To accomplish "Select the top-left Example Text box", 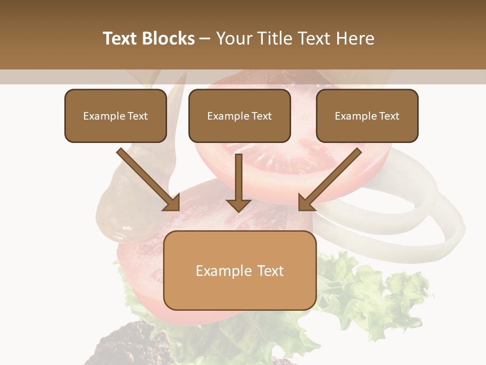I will [115, 116].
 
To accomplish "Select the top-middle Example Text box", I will [239, 116].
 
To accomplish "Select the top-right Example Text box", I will [367, 116].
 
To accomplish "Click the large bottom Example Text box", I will [239, 270].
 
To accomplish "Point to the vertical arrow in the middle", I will [239, 177].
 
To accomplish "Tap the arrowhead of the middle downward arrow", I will [239, 204].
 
